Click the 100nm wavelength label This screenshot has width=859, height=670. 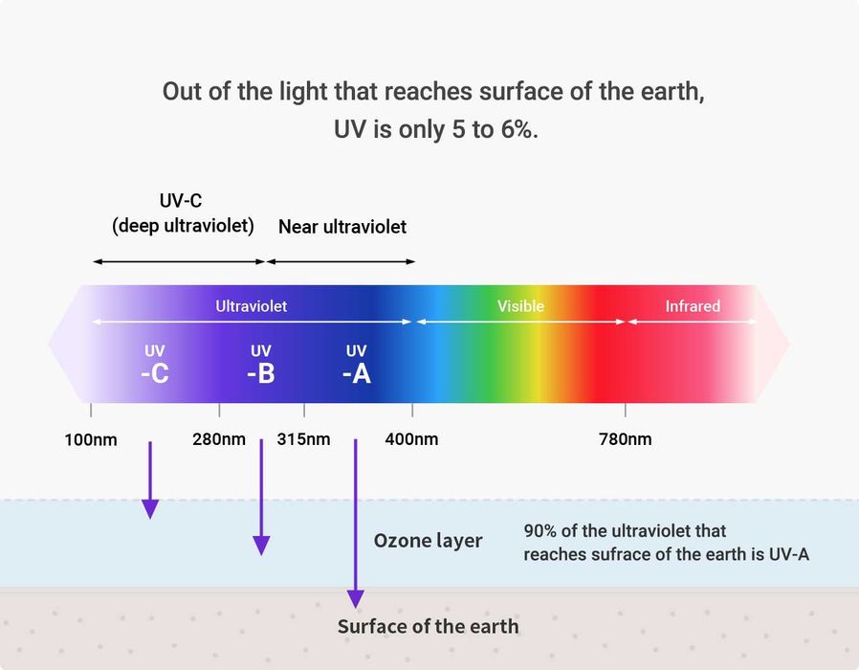(91, 439)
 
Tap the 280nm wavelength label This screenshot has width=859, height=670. (219, 439)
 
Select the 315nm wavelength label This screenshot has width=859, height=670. (304, 439)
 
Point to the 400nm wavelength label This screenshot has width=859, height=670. (412, 439)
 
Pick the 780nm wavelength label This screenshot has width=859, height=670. (626, 439)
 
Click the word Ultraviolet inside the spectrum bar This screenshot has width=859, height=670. (251, 306)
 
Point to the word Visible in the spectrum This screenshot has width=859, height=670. (520, 306)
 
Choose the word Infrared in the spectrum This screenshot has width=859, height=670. (693, 306)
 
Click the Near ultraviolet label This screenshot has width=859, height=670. (342, 227)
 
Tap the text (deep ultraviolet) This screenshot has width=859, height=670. (184, 226)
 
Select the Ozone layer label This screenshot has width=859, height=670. (428, 541)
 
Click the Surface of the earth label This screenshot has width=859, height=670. (428, 627)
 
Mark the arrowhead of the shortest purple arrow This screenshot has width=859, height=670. (150, 508)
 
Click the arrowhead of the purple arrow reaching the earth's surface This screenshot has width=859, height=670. (356, 599)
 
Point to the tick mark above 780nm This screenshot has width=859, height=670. (626, 410)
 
